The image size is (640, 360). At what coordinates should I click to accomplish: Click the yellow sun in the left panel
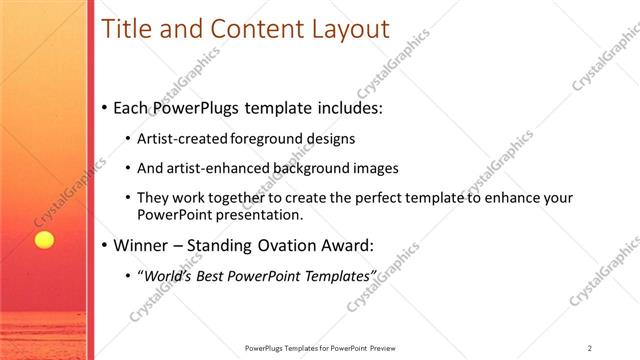point(43,240)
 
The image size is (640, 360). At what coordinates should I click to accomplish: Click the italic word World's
point(166,275)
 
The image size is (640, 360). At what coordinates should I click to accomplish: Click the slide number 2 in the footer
point(589,348)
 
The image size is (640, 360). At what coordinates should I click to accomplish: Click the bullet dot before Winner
point(106,245)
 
